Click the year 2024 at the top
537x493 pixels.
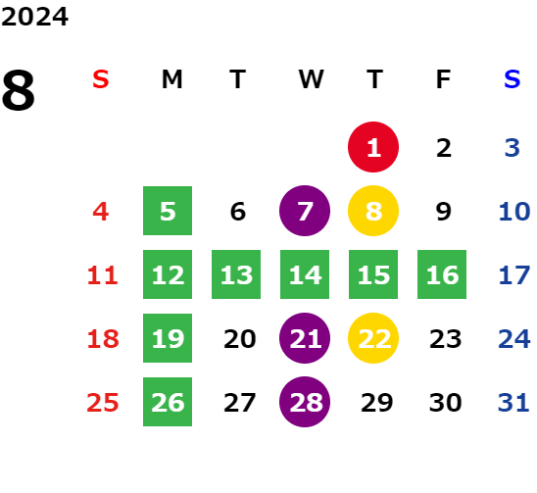pyautogui.click(x=34, y=17)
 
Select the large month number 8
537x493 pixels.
pyautogui.click(x=19, y=90)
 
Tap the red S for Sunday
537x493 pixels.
pyautogui.click(x=101, y=79)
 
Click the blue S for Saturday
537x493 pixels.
pyautogui.click(x=513, y=79)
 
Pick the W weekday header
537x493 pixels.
pyautogui.click(x=311, y=79)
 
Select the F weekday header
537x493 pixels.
pyautogui.click(x=443, y=79)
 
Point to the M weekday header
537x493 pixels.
pyautogui.click(x=171, y=79)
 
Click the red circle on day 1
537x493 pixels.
pyautogui.click(x=373, y=147)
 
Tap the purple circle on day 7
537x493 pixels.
pyautogui.click(x=305, y=211)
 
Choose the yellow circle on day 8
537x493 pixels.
pyautogui.click(x=373, y=211)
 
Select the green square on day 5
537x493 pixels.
pyautogui.click(x=168, y=211)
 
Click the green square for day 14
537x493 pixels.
pyautogui.click(x=305, y=274)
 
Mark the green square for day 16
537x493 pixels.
pyautogui.click(x=442, y=274)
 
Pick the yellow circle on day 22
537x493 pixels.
pyautogui.click(x=373, y=338)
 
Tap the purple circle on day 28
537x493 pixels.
pyautogui.click(x=305, y=402)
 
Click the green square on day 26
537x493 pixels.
pyautogui.click(x=168, y=402)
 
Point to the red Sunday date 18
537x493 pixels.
pyautogui.click(x=103, y=339)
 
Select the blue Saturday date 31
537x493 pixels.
pyautogui.click(x=513, y=403)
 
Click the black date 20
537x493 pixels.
pyautogui.click(x=240, y=339)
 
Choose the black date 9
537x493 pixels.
pyautogui.click(x=444, y=212)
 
